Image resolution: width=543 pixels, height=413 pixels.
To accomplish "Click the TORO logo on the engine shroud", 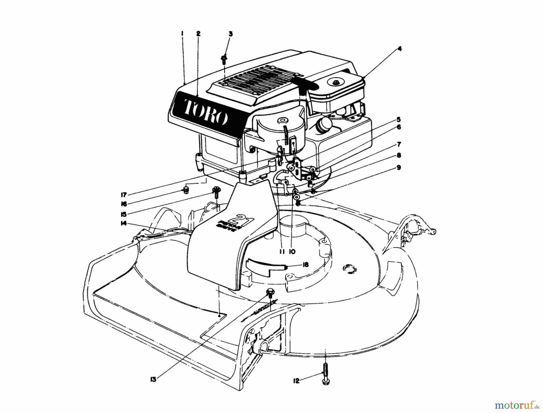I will pyautogui.click(x=205, y=111).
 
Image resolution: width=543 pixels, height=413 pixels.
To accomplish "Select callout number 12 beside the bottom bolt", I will pyautogui.click(x=296, y=381).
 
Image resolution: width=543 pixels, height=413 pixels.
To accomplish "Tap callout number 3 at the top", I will pyautogui.click(x=230, y=34).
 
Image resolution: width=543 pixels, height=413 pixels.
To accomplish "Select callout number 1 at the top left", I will pyautogui.click(x=182, y=34).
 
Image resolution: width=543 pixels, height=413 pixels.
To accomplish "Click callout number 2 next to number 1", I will pyautogui.click(x=198, y=34).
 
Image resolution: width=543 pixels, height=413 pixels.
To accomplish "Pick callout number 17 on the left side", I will pyautogui.click(x=124, y=195).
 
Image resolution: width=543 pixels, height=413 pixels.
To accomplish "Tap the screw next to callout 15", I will pyautogui.click(x=216, y=192).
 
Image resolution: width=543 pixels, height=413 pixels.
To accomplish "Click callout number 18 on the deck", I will pyautogui.click(x=305, y=265).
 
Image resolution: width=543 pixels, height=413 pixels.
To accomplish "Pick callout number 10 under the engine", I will pyautogui.click(x=292, y=251).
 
